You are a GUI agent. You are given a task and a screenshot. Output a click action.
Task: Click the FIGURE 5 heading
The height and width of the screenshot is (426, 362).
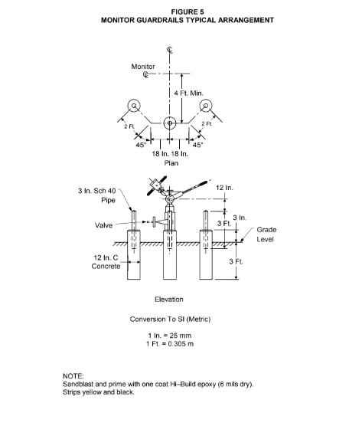188,12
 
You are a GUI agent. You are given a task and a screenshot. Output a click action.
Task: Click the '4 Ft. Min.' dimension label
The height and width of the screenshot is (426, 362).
188,93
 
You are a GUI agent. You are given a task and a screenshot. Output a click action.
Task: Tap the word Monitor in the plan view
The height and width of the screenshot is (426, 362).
143,67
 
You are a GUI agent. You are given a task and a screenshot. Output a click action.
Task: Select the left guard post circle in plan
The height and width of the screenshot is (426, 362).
134,106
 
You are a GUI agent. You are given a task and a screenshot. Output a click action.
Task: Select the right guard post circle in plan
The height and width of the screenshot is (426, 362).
206,106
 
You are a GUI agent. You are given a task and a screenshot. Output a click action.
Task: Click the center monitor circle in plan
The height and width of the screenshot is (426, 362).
170,123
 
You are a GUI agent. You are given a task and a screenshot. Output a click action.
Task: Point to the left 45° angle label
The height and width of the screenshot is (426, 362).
141,145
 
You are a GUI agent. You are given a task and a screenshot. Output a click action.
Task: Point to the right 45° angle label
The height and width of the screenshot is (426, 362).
197,145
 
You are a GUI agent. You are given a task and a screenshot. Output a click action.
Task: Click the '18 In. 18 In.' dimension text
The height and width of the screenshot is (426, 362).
170,154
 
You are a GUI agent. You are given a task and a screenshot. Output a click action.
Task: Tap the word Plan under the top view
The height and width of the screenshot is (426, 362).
171,163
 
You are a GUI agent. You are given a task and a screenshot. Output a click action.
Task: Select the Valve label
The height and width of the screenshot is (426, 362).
103,225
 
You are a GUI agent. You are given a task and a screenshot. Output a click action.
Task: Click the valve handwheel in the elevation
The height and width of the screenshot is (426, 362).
154,222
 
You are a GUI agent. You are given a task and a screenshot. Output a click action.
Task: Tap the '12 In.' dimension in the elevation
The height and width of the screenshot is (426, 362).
224,188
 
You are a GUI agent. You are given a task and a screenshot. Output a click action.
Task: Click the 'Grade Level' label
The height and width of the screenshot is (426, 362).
266,234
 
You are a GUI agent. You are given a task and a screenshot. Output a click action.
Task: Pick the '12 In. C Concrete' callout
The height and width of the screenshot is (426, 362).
106,262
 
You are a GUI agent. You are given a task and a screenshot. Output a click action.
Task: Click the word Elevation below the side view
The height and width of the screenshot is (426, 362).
169,300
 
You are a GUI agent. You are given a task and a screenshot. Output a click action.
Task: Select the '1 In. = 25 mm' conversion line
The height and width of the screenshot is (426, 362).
170,336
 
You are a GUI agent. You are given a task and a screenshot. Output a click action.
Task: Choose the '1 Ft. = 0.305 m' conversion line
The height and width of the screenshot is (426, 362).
170,344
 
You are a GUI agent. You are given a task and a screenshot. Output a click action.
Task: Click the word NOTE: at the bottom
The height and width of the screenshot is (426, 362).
73,376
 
